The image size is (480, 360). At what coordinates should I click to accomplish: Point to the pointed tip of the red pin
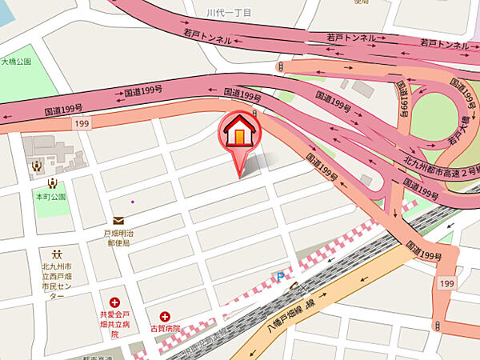point(238,175)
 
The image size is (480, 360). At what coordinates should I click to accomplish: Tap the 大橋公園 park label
point(16,61)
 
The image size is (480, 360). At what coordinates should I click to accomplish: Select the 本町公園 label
point(50,195)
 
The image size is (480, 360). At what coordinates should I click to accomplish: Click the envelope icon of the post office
point(118,221)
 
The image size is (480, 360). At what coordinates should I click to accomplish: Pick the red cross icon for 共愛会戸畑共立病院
point(116,302)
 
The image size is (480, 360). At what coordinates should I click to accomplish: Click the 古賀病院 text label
point(165,328)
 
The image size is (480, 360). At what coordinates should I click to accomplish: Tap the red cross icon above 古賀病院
point(166,316)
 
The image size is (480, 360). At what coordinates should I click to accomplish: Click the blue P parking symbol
point(279,276)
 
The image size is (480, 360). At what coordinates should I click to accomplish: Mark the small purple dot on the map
point(133,201)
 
